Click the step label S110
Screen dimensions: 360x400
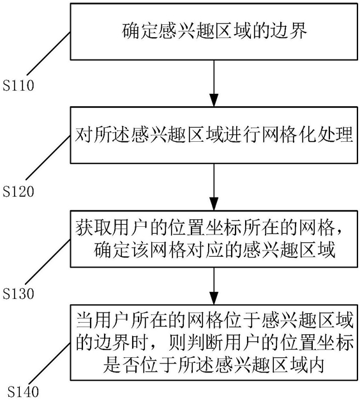click(x=19, y=85)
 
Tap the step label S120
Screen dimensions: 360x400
click(x=19, y=191)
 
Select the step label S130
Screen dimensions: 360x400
click(x=19, y=293)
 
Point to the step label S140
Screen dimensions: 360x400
click(x=23, y=392)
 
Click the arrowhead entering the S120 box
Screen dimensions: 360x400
click(x=214, y=100)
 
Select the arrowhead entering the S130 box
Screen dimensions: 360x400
click(x=214, y=204)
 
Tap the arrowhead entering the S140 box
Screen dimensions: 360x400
click(x=214, y=298)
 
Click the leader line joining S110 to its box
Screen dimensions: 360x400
click(x=49, y=54)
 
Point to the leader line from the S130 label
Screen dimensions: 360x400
click(x=49, y=261)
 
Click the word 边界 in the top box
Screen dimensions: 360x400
click(x=288, y=31)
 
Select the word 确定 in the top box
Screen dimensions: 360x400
click(x=139, y=31)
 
